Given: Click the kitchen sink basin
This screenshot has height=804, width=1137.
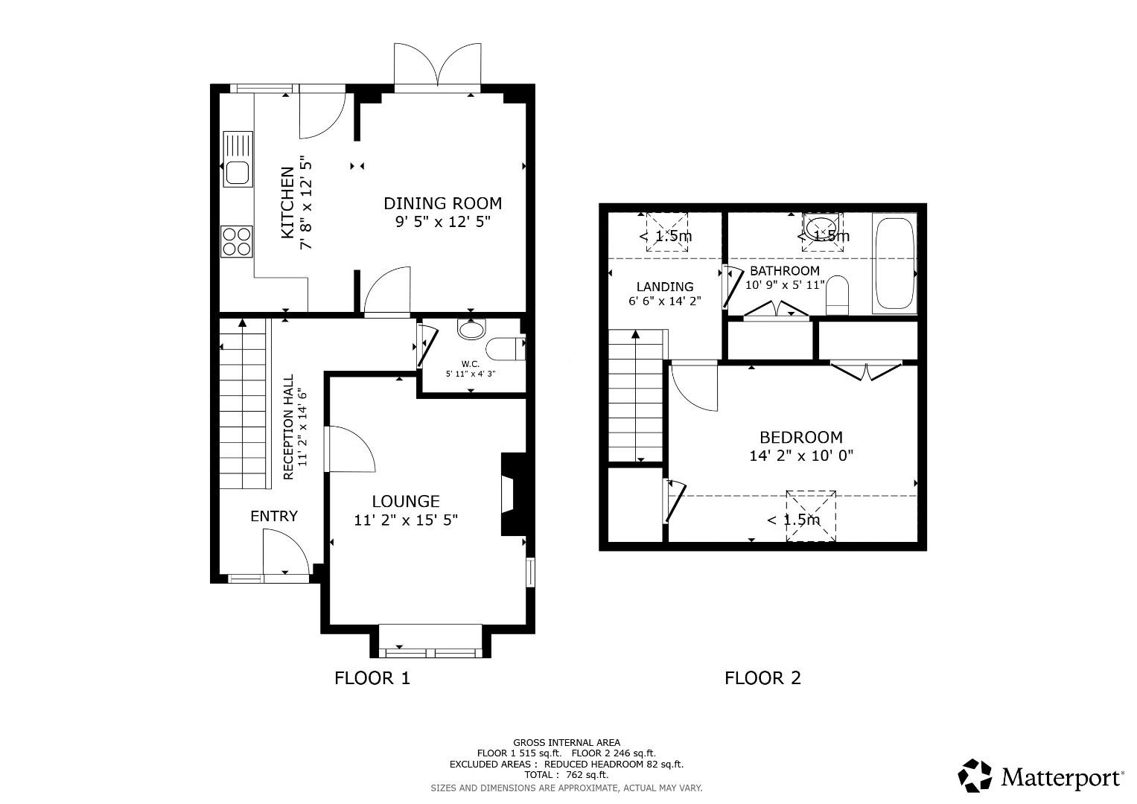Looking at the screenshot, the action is (238, 173).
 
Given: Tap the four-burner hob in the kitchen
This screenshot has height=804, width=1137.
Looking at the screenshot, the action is (237, 242).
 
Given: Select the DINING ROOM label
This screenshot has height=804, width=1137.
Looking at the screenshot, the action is (442, 203).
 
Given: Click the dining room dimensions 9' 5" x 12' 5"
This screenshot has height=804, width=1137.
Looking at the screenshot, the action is (442, 222).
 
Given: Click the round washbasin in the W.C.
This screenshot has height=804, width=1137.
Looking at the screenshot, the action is (471, 328).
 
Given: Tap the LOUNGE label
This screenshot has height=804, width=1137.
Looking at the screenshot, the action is (406, 502).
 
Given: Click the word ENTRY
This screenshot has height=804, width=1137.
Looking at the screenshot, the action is (274, 516).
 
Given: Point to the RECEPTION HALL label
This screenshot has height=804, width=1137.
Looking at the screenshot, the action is (288, 427).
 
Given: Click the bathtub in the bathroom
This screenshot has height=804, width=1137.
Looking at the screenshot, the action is (895, 264).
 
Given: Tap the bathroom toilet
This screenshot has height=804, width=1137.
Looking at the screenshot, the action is (837, 296).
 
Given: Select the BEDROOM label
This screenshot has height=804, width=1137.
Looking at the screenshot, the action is (801, 437).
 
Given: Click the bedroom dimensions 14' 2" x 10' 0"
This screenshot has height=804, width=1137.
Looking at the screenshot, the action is (801, 456).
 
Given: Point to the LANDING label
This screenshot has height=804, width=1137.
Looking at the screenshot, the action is (665, 287).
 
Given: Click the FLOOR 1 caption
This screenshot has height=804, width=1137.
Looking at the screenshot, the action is (372, 678).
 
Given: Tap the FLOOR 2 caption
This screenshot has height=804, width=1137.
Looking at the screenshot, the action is (762, 678).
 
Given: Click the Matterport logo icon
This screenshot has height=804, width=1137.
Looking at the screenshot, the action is (975, 776).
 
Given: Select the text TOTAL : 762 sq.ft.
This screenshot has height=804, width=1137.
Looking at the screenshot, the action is (567, 775).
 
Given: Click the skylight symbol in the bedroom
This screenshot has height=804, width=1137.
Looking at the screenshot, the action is (811, 516).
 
